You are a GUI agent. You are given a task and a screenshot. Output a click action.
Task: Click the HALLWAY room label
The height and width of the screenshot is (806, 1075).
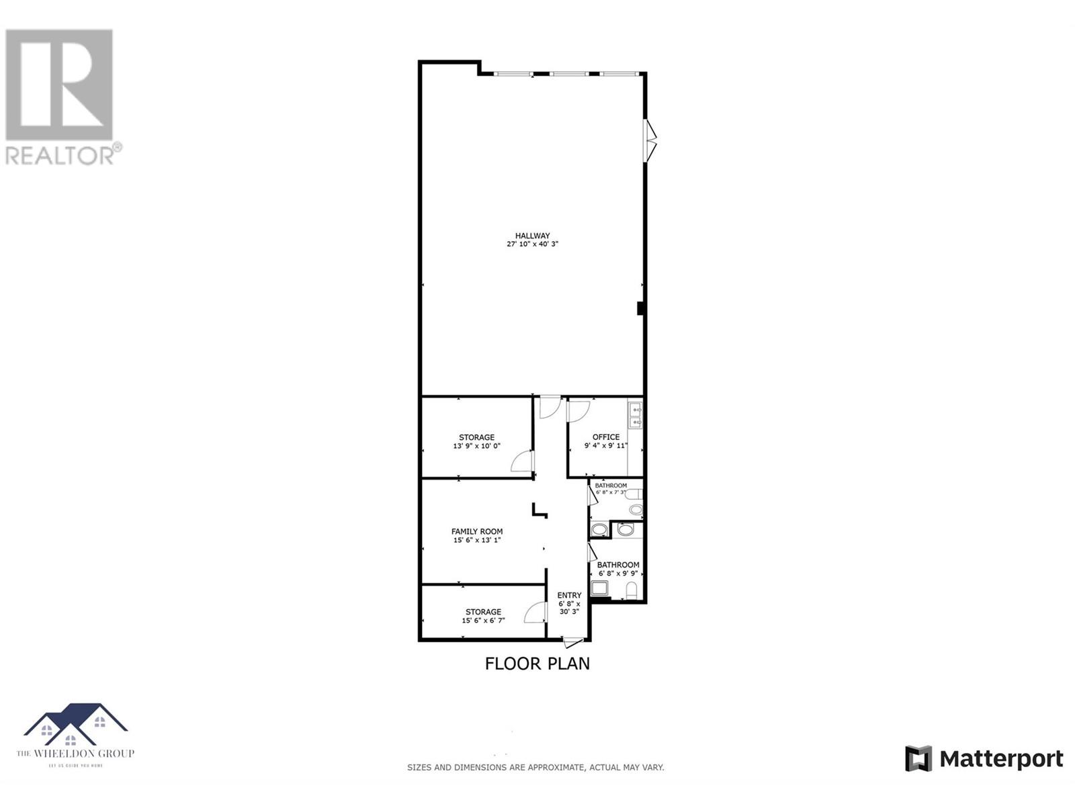point(532,236)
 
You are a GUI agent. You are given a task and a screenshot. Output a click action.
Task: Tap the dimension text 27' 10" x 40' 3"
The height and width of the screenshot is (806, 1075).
point(532,244)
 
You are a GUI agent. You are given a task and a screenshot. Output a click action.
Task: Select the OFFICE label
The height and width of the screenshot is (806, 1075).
point(605,437)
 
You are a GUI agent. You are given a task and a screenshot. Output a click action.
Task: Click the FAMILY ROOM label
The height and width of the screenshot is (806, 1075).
point(476,531)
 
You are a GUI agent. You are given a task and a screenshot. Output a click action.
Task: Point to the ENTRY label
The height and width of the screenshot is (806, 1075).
point(569,595)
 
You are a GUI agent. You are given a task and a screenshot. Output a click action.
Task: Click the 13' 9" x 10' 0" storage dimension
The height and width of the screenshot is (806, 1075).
point(476,446)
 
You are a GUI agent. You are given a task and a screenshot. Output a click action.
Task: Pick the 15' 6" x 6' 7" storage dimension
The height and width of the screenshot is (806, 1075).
point(483,621)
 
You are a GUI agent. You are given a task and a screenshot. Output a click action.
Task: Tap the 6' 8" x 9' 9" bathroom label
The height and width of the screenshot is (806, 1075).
point(619,574)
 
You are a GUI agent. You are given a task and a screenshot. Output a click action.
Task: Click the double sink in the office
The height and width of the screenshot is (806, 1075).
point(635,414)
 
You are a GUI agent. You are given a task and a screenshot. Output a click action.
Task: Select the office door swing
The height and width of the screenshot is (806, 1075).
point(578,410)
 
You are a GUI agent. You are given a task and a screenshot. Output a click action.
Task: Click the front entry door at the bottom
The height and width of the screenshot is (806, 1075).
point(573,643)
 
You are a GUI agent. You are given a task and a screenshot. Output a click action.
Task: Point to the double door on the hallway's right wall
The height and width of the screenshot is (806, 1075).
point(650,140)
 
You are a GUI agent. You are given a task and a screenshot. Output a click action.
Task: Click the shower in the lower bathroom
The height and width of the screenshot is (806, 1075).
point(599,589)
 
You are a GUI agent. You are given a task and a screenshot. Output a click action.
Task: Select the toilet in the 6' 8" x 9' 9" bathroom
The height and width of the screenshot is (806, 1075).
point(631,590)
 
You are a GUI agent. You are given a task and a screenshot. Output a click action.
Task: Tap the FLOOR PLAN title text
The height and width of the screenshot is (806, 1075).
point(537,664)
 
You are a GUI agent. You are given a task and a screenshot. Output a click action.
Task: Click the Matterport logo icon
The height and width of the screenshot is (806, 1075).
point(918,759)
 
